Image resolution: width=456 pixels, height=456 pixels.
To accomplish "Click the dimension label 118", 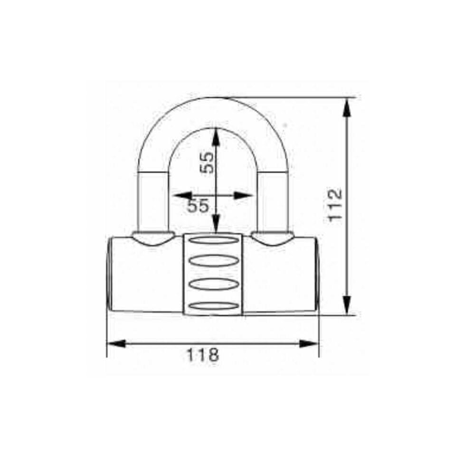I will pos(202,355).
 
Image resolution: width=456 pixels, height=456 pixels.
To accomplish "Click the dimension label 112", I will pos(335,204).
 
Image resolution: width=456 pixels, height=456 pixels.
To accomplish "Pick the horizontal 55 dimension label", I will pos(198,206).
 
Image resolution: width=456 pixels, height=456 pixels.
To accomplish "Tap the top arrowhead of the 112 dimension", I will pos(347,107).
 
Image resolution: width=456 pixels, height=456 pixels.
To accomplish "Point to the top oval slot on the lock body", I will pos(212,240).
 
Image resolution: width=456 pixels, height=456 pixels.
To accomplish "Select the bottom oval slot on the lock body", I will pos(212,306).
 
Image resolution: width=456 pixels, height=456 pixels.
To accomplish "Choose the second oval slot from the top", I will pos(212,261).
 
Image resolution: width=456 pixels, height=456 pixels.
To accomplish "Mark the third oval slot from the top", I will pos(212,284).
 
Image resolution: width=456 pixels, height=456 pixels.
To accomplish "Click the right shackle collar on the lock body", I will pos(272,237).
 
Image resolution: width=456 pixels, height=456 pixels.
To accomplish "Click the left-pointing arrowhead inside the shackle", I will pos(182,195).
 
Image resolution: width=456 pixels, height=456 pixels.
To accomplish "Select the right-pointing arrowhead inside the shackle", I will pos(243,195).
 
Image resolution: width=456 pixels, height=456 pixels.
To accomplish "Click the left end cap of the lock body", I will pos(110,274).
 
